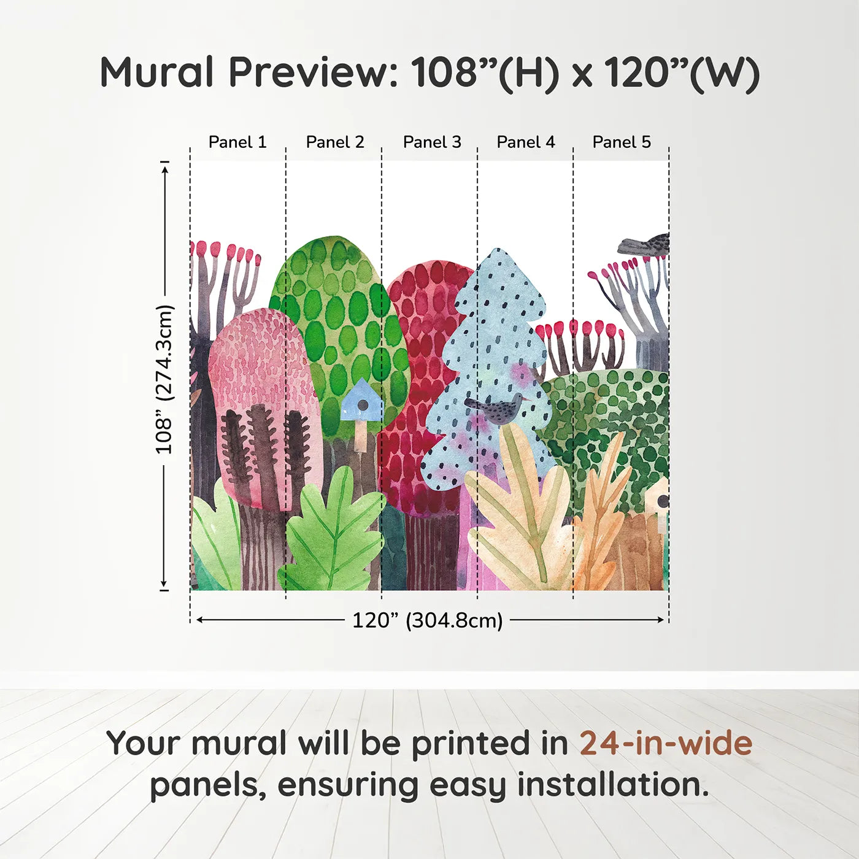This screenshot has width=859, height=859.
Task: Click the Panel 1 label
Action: tap(237, 142)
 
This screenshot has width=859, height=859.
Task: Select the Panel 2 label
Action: tap(335, 142)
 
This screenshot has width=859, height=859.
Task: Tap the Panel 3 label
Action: tap(432, 142)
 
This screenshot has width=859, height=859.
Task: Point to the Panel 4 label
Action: tap(526, 142)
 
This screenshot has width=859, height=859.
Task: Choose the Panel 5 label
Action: tap(622, 142)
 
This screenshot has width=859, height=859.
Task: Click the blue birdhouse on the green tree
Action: tap(362, 402)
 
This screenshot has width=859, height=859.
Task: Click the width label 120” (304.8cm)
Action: tap(427, 620)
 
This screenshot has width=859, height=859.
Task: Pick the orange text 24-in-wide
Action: tap(666, 743)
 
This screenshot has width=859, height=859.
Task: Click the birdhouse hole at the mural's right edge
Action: tap(663, 501)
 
